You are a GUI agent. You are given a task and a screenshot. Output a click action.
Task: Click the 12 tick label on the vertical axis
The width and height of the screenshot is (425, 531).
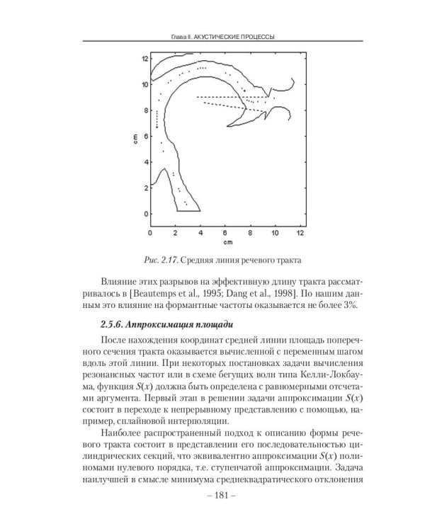click(144, 57)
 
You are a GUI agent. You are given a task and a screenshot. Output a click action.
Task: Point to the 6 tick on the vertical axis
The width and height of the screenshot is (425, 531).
click(145, 135)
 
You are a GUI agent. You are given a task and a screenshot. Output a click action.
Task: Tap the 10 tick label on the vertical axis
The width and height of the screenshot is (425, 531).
click(144, 84)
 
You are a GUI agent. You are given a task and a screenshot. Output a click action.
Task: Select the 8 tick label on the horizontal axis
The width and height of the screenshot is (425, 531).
click(249, 232)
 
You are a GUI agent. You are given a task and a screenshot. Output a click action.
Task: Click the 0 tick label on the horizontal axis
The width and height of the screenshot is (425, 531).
click(150, 232)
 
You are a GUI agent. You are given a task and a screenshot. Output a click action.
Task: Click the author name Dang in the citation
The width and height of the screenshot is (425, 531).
click(267, 292)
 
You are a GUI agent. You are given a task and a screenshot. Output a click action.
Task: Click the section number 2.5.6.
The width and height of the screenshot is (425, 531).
click(115, 326)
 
